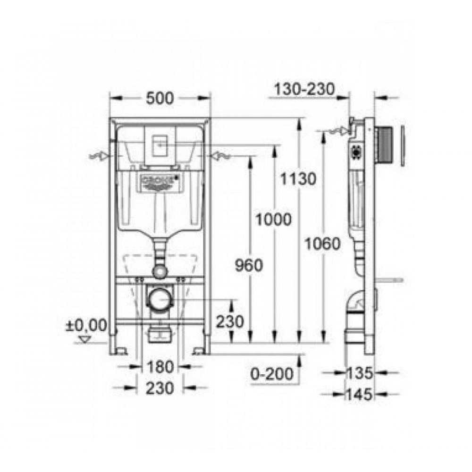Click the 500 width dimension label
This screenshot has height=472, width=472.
click(x=160, y=98)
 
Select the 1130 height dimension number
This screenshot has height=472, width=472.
click(x=296, y=179)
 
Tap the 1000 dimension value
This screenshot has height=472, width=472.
click(x=273, y=219)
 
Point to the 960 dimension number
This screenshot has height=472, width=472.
click(x=248, y=266)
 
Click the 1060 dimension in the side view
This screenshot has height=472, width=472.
click(x=322, y=244)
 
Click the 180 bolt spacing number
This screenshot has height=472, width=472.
click(x=160, y=366)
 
